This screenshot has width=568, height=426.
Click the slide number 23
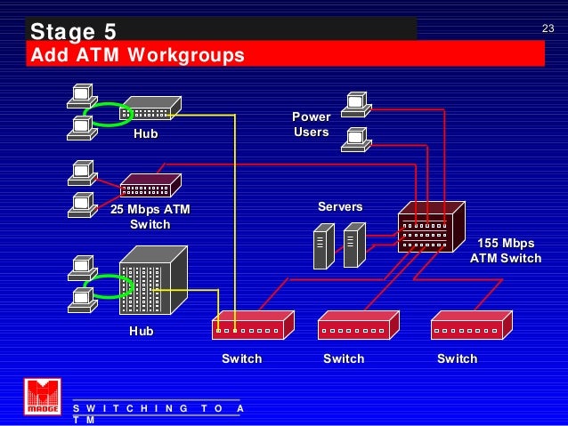548,29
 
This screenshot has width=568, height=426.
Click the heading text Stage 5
73,32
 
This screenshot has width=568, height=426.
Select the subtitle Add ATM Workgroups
137,56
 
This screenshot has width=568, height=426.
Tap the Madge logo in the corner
42,397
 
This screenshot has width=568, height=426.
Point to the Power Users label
312,125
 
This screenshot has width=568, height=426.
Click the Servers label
340,206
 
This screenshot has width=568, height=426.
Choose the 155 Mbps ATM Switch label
506,251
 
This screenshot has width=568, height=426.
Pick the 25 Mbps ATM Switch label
150,217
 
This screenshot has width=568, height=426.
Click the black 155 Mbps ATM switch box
430,229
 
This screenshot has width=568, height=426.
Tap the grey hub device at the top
151,109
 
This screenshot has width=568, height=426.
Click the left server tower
322,246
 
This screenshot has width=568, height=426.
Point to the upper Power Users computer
356,104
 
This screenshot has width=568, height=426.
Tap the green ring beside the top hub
110,114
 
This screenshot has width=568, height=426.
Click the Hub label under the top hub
145,133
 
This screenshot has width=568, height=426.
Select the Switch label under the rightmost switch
458,358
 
